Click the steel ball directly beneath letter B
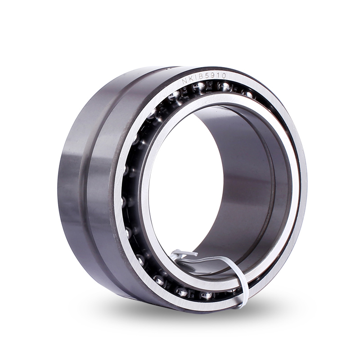(199, 87)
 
